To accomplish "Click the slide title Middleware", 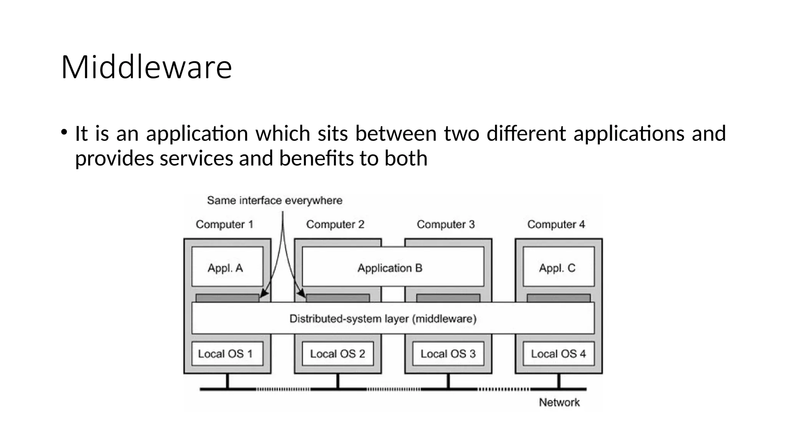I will click(146, 67).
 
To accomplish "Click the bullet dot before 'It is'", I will click(64, 132).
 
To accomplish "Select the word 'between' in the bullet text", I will click(395, 133).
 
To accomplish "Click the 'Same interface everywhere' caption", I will click(274, 200).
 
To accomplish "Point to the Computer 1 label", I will click(224, 224).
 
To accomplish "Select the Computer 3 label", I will click(446, 224).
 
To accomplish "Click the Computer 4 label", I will click(556, 224).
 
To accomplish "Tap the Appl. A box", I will click(227, 267).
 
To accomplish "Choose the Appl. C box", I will click(558, 267).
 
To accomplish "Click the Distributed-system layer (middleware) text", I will click(383, 319).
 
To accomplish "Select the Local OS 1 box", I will click(227, 354).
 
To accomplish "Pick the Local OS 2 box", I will click(337, 354).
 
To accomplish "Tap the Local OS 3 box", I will click(448, 354).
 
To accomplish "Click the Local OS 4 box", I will click(558, 354).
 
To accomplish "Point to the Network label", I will click(559, 402).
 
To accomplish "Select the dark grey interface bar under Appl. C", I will click(558, 298).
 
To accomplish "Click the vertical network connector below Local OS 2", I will click(337, 381).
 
